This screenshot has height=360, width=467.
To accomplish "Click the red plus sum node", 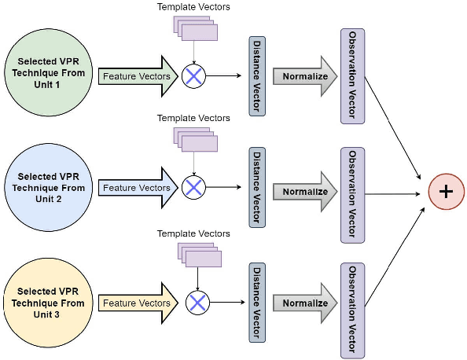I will [446, 191].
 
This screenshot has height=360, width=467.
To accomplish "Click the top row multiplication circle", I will [193, 76].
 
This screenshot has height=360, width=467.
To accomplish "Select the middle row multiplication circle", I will [193, 188].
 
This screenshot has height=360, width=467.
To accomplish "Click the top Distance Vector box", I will [256, 76].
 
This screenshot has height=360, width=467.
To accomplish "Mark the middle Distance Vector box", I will [256, 188].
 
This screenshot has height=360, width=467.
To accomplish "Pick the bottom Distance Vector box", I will [256, 303].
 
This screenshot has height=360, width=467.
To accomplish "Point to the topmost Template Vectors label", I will [193, 7].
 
